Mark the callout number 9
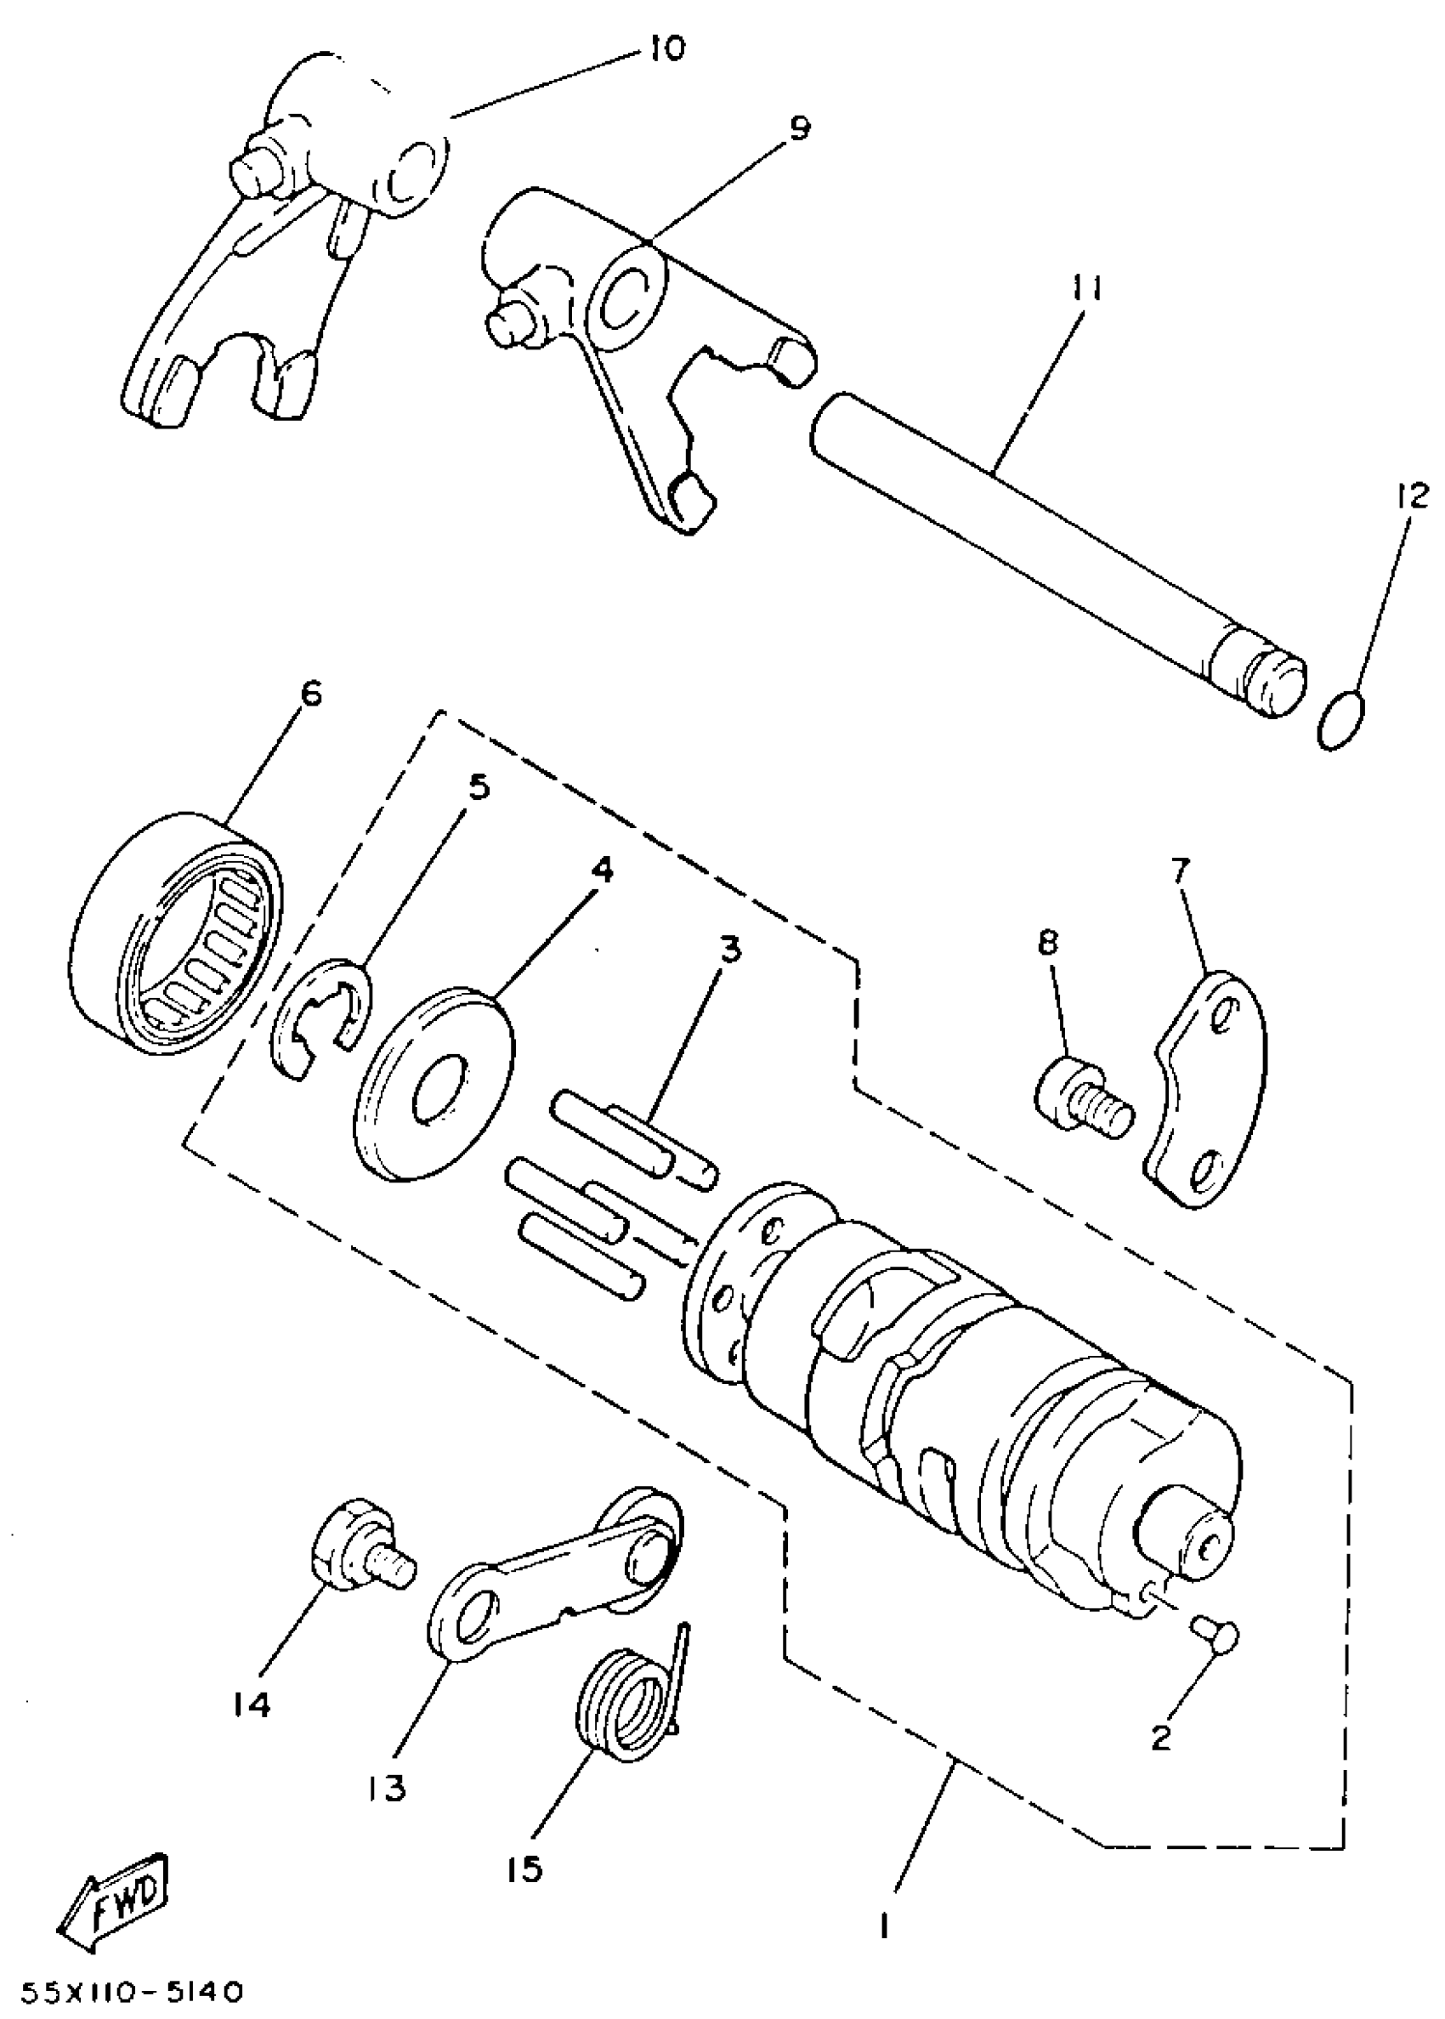tap(800, 129)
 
